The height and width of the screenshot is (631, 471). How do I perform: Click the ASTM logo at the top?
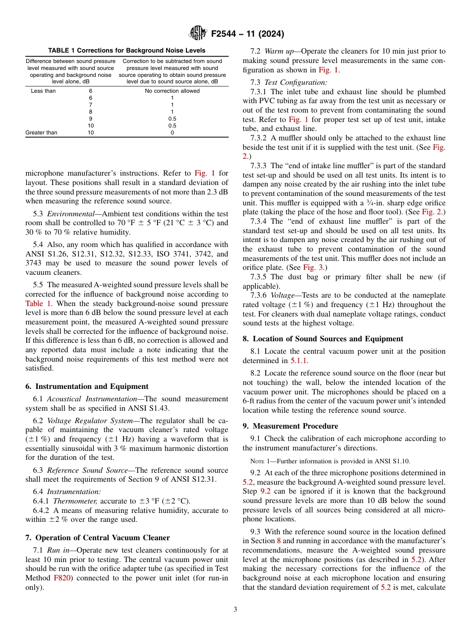point(198,34)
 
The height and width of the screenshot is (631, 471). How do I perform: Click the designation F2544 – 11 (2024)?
point(247,34)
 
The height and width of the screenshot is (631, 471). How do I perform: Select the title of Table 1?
point(126,51)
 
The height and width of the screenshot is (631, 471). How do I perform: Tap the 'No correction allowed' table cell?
point(172,91)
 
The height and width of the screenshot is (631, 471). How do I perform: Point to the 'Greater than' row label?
point(41,132)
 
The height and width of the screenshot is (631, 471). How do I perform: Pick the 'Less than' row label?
point(43,91)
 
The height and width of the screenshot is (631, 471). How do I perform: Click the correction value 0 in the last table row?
point(172,132)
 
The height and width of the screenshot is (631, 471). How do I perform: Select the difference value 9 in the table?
point(90,119)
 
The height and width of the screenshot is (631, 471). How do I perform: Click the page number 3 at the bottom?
point(235,610)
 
